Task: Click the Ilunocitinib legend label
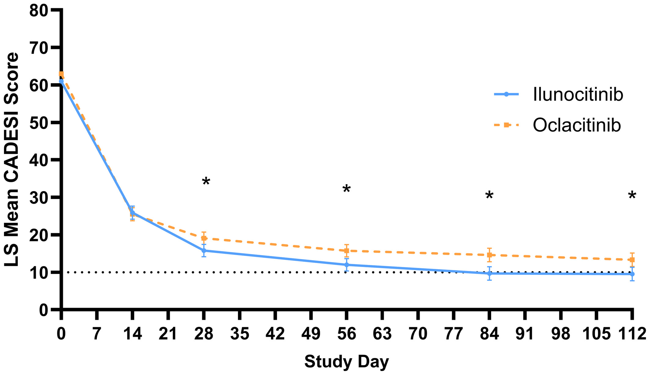(578, 95)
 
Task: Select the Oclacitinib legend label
(577, 125)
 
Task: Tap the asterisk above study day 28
(206, 182)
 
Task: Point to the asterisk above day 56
(346, 189)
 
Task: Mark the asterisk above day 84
(489, 195)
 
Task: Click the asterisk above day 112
(632, 195)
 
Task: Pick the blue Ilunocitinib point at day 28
(204, 251)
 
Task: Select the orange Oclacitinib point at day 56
(346, 251)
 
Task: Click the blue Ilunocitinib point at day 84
(489, 274)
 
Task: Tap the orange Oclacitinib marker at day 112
(632, 260)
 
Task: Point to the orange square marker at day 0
(61, 74)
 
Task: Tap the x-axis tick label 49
(311, 334)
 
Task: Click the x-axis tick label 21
(168, 334)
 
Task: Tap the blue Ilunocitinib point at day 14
(132, 213)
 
